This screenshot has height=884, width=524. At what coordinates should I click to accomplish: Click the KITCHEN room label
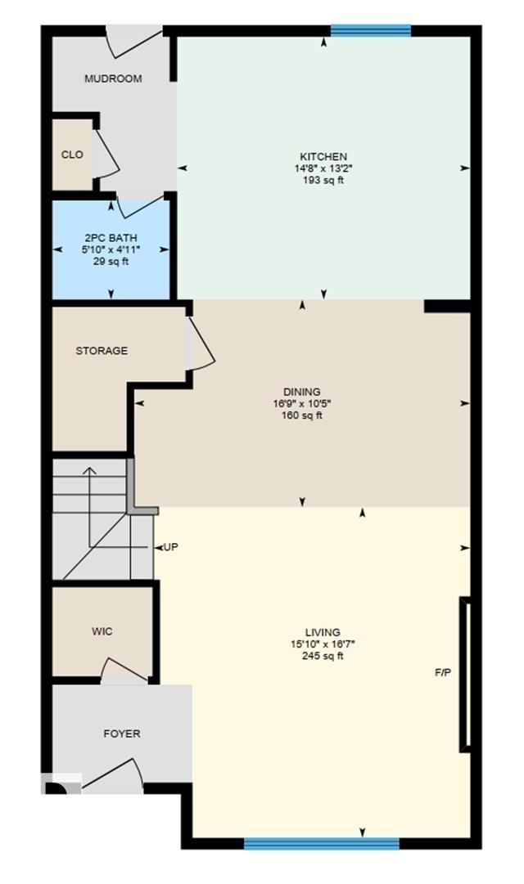pos(323,156)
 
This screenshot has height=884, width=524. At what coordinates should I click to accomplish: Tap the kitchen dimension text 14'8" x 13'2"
pos(323,168)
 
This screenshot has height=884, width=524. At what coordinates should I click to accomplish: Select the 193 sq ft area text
pos(323,180)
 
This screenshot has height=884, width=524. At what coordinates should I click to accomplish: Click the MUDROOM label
pos(113,79)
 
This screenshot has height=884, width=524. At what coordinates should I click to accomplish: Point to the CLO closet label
pos(72,155)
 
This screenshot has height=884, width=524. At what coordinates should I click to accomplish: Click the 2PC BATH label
pos(111,238)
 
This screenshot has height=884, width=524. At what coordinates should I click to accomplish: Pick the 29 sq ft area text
pos(111,262)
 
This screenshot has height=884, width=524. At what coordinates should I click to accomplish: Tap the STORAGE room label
pos(102,351)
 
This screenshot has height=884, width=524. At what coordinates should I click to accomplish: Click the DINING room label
pos(302,392)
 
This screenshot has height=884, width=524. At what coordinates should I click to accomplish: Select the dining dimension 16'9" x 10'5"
pos(302,403)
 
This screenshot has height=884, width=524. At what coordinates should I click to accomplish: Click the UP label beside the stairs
pos(170,546)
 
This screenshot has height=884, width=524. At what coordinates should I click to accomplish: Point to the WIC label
pos(102,631)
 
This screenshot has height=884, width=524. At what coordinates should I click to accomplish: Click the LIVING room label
pos(323,632)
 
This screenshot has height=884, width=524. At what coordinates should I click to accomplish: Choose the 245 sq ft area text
pos(323,656)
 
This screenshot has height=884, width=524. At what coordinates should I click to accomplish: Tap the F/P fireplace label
pos(443,672)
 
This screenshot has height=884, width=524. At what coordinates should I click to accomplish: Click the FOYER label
pos(121,734)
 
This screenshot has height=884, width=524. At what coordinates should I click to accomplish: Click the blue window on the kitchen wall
pos(370,31)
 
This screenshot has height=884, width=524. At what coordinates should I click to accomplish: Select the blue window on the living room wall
pos(321,843)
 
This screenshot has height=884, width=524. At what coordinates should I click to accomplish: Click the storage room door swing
pos(201,343)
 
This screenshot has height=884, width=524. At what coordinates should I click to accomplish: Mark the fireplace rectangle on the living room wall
pos(465,675)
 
